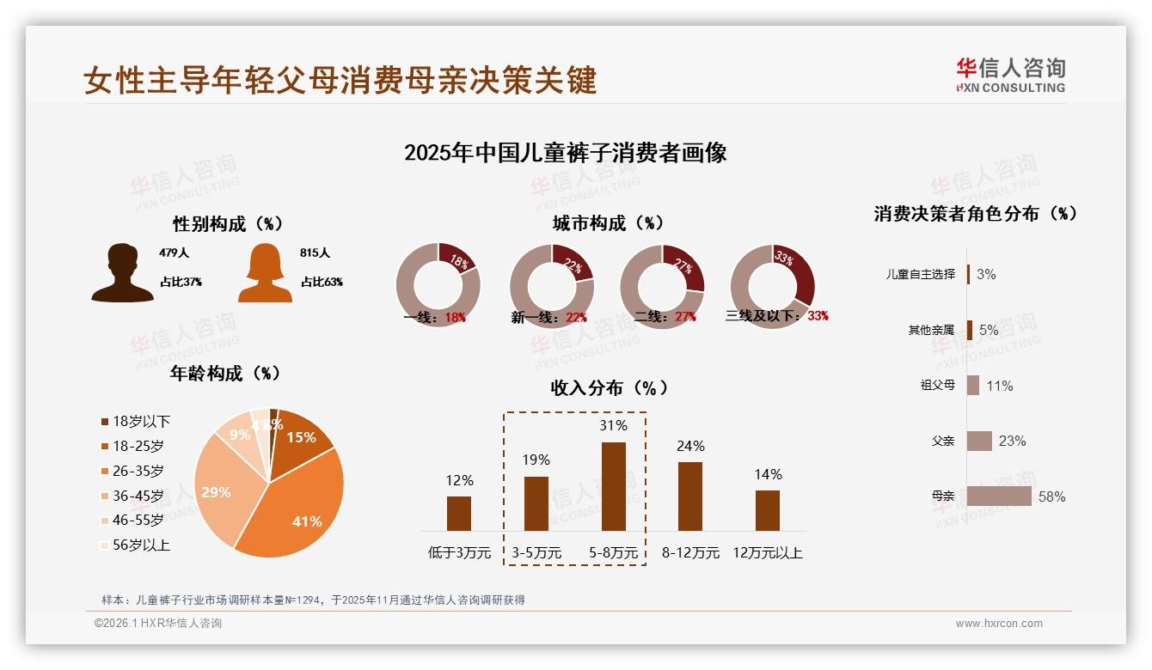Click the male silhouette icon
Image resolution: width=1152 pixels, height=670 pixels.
pyautogui.click(x=122, y=273)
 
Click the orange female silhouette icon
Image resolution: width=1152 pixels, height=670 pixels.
pyautogui.click(x=265, y=273)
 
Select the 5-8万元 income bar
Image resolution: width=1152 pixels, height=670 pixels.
pyautogui.click(x=613, y=486)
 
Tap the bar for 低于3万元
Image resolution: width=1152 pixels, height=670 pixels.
pyautogui.click(x=459, y=513)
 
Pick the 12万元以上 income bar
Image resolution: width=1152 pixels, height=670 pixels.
pyautogui.click(x=767, y=510)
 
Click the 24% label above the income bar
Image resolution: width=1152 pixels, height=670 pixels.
pyautogui.click(x=690, y=446)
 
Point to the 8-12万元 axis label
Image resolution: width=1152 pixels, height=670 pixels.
pyautogui.click(x=690, y=552)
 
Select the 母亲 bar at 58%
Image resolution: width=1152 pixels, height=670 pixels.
pyautogui.click(x=999, y=496)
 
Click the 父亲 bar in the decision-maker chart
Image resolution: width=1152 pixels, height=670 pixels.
pyautogui.click(x=979, y=441)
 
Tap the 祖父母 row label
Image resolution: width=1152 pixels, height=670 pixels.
pyautogui.click(x=937, y=386)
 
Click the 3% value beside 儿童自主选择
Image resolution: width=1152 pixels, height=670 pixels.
pyautogui.click(x=986, y=274)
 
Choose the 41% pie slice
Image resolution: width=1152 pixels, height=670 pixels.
pyautogui.click(x=297, y=507)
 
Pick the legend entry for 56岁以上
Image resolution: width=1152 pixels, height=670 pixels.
pyautogui.click(x=135, y=545)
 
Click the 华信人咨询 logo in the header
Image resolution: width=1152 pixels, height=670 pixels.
pyautogui.click(x=1010, y=76)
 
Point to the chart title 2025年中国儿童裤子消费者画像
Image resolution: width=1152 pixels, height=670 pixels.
pyautogui.click(x=566, y=153)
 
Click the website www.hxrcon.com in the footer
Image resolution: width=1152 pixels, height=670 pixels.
pyautogui.click(x=999, y=624)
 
